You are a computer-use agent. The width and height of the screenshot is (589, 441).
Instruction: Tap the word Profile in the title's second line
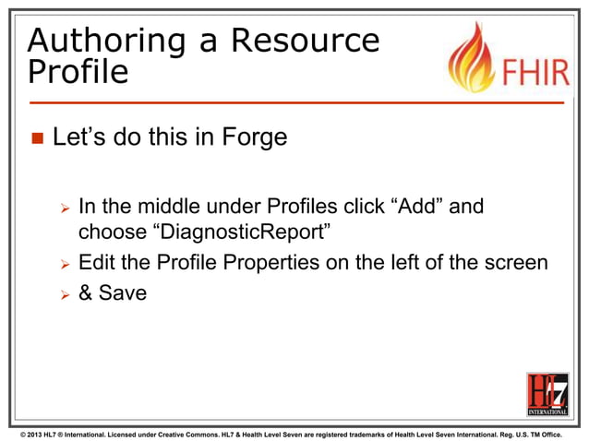pos(78,72)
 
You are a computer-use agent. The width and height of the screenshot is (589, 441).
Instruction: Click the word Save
pos(124,297)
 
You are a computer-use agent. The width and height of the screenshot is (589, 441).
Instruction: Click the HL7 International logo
pos(547,394)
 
